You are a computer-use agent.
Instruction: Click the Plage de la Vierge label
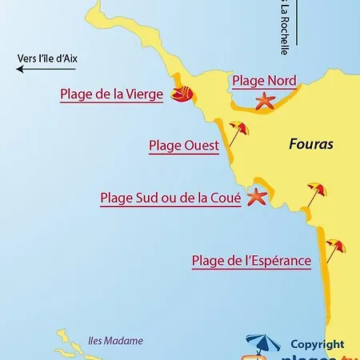click(111, 94)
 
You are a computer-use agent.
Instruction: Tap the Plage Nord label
click(264, 80)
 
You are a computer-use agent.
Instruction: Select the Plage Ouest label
click(184, 146)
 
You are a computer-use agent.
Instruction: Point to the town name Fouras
click(310, 145)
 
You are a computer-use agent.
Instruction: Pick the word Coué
click(223, 198)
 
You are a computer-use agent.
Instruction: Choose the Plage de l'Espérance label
click(251, 260)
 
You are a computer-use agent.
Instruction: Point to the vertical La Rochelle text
click(284, 27)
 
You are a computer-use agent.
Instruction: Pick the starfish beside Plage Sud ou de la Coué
click(257, 196)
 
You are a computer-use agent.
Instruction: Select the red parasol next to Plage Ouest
click(238, 130)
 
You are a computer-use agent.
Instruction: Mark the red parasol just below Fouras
click(316, 192)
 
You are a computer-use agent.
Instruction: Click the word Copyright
click(317, 344)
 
